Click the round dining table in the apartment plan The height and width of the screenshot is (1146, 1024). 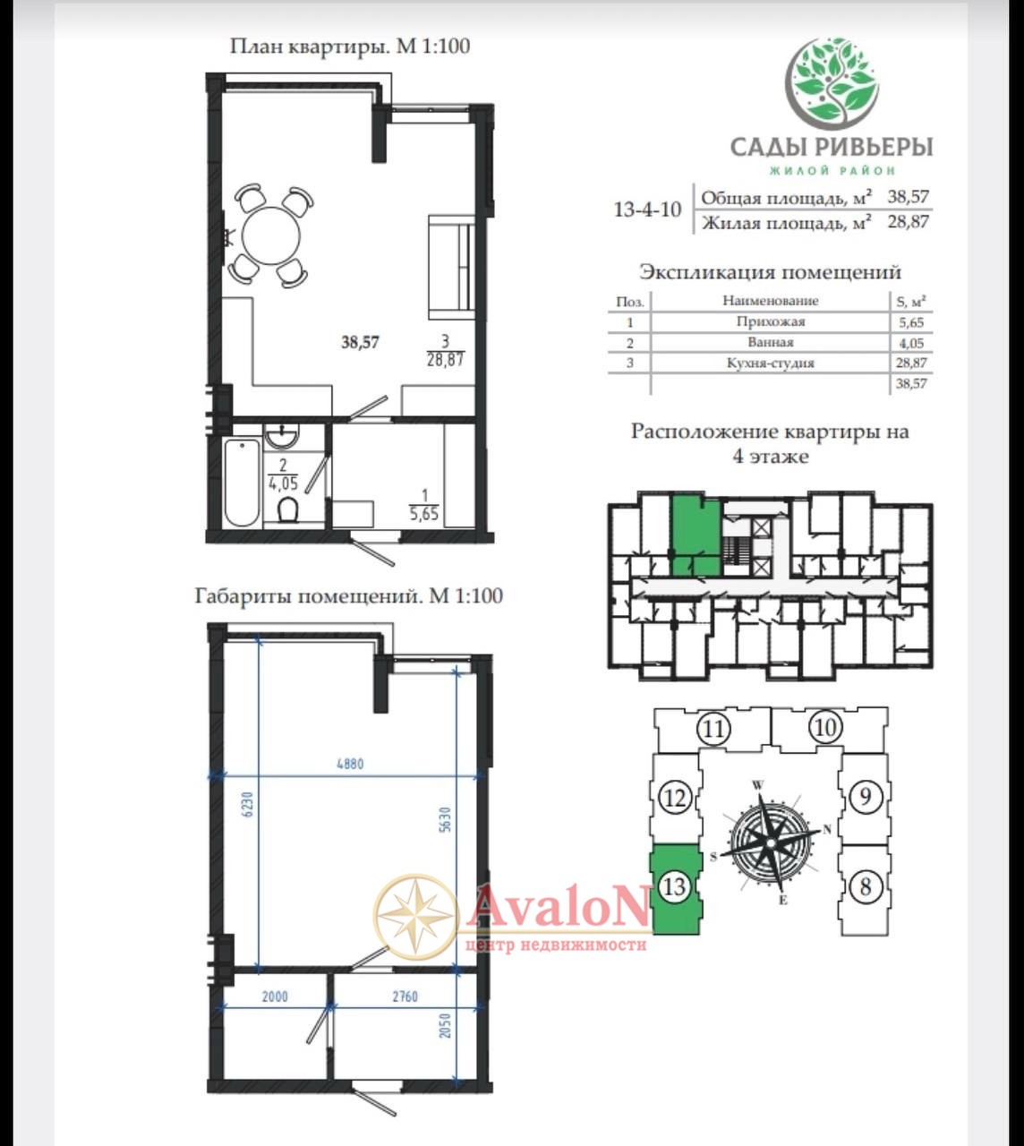[x=271, y=235]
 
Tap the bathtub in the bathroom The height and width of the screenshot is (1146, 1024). [x=242, y=482]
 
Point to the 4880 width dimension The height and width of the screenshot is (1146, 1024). [x=350, y=764]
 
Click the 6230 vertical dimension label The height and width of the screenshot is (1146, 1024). [x=248, y=804]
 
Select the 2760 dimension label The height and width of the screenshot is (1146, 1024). [x=405, y=996]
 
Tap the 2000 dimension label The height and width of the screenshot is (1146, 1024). [x=275, y=996]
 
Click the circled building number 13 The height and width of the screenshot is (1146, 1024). [x=675, y=887]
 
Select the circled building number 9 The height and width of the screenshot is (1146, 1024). [x=865, y=797]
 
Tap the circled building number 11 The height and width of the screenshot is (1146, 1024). [x=713, y=729]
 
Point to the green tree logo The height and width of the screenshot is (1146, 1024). [x=834, y=82]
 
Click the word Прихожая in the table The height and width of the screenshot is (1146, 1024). [x=770, y=321]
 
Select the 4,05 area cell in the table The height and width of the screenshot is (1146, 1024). [x=910, y=342]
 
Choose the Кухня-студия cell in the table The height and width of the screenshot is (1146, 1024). [x=770, y=363]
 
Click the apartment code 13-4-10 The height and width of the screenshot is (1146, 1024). [x=648, y=210]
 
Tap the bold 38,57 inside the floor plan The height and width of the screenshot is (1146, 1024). [x=360, y=342]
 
